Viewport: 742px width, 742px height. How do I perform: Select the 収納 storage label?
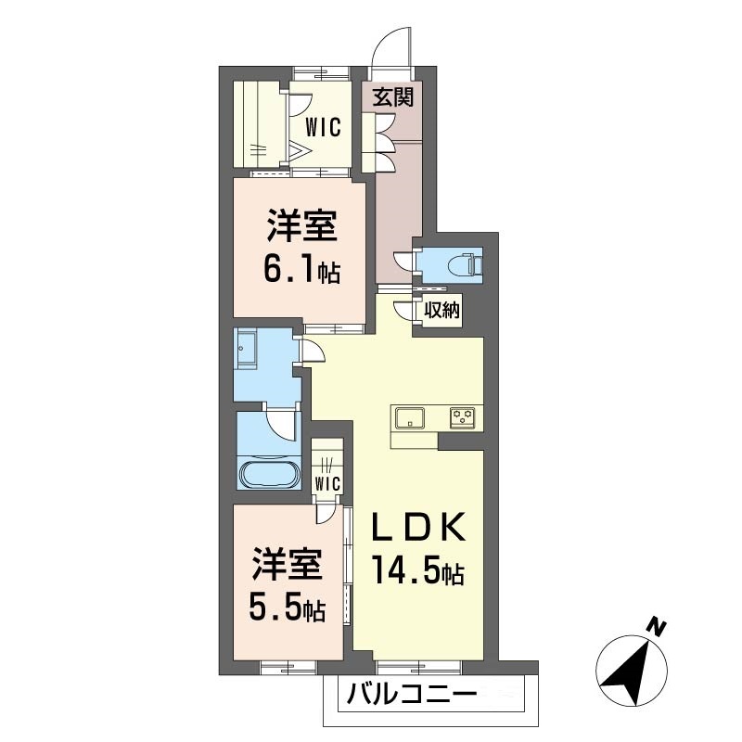[x=441, y=311]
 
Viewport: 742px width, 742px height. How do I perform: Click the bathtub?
[x=269, y=473]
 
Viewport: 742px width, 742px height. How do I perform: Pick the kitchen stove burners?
[x=464, y=417]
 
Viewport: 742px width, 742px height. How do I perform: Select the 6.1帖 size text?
[x=301, y=270]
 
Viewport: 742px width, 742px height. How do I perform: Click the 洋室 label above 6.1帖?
[x=302, y=225]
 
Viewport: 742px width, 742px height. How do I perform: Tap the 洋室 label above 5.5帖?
[x=287, y=563]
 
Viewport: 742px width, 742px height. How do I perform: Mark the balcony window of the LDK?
[x=417, y=664]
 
